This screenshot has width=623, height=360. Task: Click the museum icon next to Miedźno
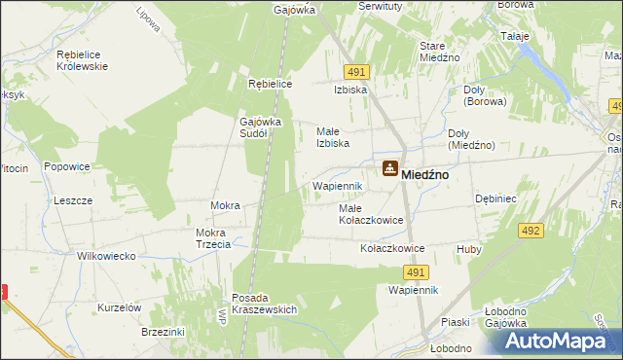pyautogui.click(x=389, y=169)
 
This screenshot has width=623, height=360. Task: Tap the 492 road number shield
pyautogui.click(x=531, y=231)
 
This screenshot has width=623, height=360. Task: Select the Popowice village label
pyautogui.click(x=66, y=166)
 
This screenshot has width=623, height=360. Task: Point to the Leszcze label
pyautogui.click(x=73, y=200)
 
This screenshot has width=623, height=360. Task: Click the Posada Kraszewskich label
pyautogui.click(x=264, y=303)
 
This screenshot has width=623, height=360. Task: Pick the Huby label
pyautogui.click(x=469, y=249)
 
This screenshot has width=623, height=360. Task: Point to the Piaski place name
pyautogui.click(x=455, y=322)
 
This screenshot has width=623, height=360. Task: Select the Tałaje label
pyautogui.click(x=514, y=37)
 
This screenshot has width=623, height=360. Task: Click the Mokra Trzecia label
pyautogui.click(x=212, y=238)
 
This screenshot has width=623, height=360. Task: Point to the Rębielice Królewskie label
pyautogui.click(x=68, y=59)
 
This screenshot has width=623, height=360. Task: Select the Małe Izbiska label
pyautogui.click(x=333, y=137)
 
